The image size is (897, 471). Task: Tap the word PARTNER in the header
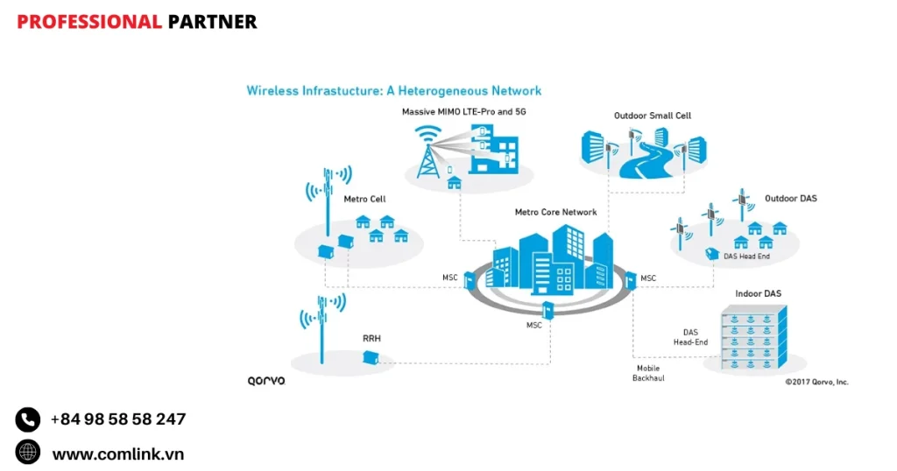coord(212,22)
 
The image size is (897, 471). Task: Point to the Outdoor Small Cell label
coord(653,116)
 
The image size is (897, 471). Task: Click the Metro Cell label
coord(364,200)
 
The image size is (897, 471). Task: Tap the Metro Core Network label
coord(555,213)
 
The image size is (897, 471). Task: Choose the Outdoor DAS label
coord(790,199)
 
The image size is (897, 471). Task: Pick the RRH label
coord(371,338)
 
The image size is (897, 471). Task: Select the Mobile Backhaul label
coord(648,374)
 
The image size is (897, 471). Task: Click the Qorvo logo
coord(266,382)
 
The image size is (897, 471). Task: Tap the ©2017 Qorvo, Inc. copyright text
coord(816,382)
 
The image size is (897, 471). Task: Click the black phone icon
coord(28,419)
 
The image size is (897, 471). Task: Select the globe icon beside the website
coord(28,452)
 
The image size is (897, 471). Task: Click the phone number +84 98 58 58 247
coord(117,419)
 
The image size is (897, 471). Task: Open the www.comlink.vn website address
coord(117,453)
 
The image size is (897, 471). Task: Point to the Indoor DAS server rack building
coord(753,336)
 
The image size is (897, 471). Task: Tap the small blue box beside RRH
coord(371,357)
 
